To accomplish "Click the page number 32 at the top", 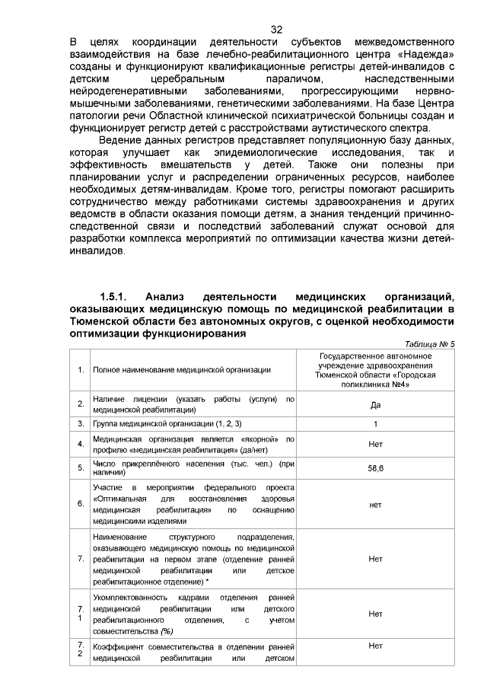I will click(x=276, y=29).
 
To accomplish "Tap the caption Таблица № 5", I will click(x=430, y=343).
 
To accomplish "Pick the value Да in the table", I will click(x=375, y=404).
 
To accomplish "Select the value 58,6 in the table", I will click(x=375, y=468).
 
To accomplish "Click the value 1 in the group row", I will click(x=375, y=423).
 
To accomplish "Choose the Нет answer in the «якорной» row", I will click(x=375, y=444).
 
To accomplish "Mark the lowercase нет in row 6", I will click(x=375, y=503).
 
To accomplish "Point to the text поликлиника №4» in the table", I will click(x=375, y=384).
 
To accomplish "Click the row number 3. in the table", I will click(x=81, y=423).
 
